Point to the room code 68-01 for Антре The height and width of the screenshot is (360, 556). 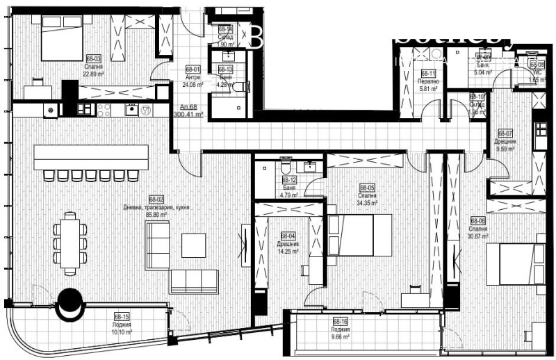[x=193, y=69]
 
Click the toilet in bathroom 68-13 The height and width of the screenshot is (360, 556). [x=238, y=87]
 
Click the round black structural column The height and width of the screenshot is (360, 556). [x=69, y=303]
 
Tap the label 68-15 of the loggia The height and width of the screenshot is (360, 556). [x=122, y=316]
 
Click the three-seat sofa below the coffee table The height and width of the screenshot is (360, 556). [x=194, y=280]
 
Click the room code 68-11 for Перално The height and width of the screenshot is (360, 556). [x=428, y=74]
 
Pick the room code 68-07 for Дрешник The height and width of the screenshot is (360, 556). [x=505, y=133]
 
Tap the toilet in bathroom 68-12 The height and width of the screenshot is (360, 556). [x=284, y=167]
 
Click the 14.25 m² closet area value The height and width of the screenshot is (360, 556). [x=289, y=251]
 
